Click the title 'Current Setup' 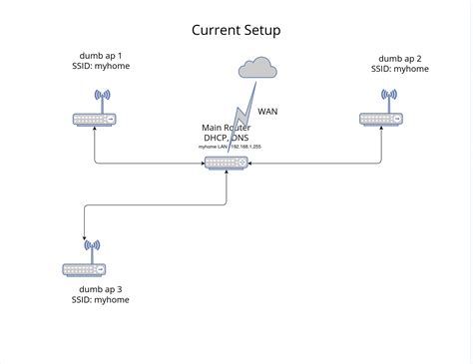click(x=236, y=30)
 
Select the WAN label click(x=269, y=112)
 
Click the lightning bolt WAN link click(x=236, y=115)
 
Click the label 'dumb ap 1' click(x=101, y=55)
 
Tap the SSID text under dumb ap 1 click(x=101, y=67)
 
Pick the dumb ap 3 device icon click(x=84, y=267)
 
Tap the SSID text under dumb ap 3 click(x=100, y=300)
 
